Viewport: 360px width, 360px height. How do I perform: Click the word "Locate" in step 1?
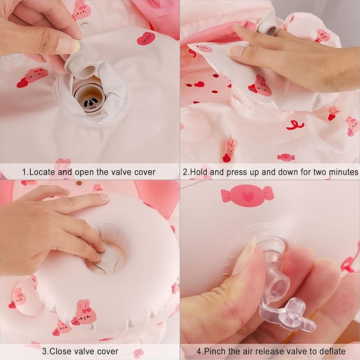click(x=42, y=172)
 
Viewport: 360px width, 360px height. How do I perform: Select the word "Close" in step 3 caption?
click(x=60, y=352)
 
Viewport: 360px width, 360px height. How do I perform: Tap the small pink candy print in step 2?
click(x=286, y=157)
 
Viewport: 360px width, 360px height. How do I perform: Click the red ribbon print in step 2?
click(x=295, y=125)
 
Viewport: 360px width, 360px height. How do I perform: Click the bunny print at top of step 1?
click(x=82, y=11)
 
